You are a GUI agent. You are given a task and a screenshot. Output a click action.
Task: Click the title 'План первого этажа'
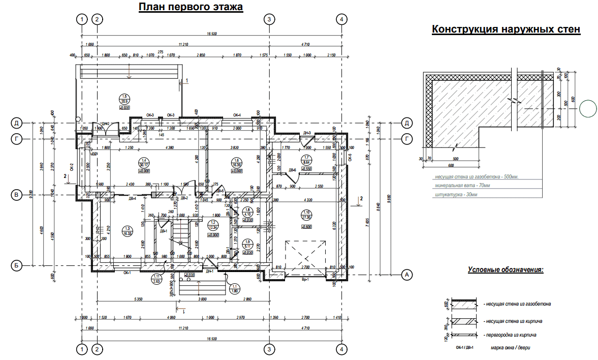coord(191,7)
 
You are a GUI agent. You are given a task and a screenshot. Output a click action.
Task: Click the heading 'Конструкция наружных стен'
coord(506,29)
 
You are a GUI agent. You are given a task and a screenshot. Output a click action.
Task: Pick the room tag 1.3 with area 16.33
coord(128,230)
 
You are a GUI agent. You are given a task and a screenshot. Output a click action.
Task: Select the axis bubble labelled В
coord(17,195)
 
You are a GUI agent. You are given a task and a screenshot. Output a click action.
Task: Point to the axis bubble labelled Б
coord(17,265)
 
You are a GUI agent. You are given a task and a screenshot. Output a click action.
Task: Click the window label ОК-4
coord(237,115)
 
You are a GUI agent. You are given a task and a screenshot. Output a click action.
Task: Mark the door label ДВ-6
coord(292,170)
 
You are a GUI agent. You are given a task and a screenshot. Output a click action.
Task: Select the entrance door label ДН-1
coord(210,272)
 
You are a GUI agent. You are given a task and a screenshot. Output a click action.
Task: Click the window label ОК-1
coord(128,273)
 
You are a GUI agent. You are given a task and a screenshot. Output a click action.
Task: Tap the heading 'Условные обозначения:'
coord(506,269)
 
